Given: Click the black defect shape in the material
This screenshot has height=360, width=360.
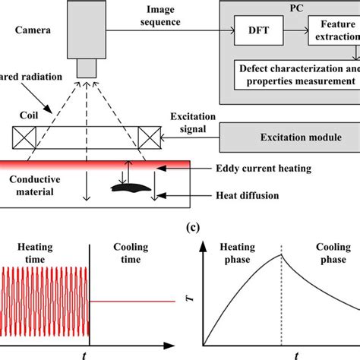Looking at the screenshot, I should coord(126,183).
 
